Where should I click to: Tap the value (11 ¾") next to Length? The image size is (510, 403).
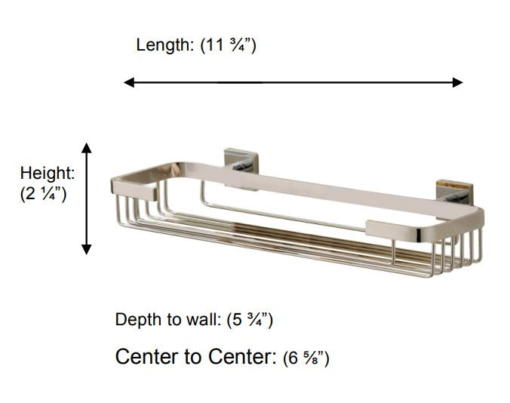[x=229, y=45]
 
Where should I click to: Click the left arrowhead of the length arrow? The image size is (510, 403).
[x=129, y=82]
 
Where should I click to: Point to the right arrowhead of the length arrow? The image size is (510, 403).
[x=457, y=82]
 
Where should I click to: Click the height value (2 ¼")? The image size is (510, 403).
[x=44, y=194]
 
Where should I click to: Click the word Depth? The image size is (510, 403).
[x=137, y=320]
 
